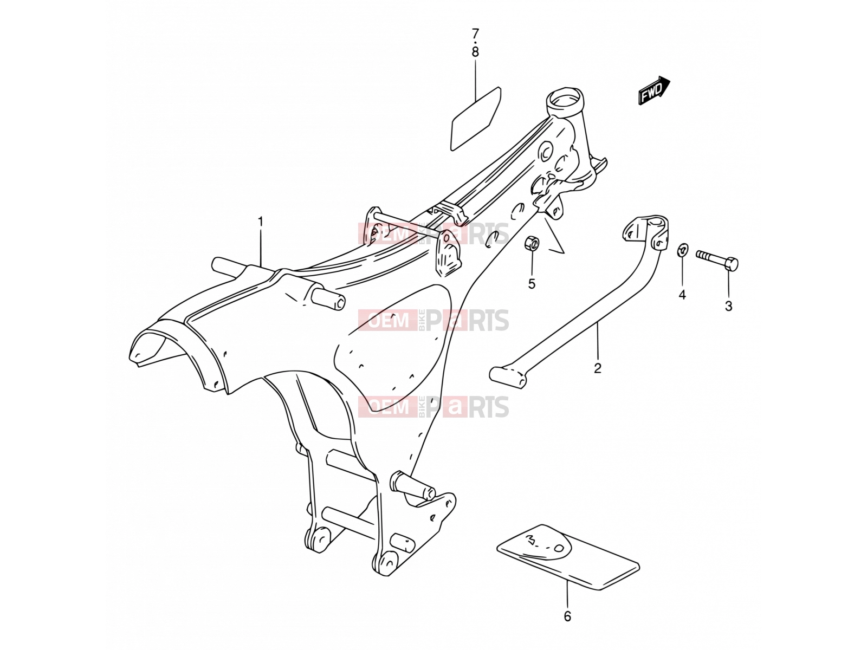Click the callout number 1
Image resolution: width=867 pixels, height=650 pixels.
(260, 222)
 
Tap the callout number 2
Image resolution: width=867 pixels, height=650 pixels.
(598, 368)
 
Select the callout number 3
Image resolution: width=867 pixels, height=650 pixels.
(729, 306)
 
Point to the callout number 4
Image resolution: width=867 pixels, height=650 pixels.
(682, 295)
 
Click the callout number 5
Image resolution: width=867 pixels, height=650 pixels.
(532, 284)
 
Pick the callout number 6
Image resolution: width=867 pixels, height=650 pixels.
(567, 616)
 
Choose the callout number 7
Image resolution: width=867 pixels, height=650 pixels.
(475, 34)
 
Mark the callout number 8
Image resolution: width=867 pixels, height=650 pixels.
(475, 52)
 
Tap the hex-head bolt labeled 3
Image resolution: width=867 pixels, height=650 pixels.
(717, 259)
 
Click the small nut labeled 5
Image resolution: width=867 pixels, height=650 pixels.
(532, 243)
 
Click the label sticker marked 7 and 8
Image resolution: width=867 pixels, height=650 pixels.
(476, 119)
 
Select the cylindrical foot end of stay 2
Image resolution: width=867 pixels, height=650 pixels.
(508, 376)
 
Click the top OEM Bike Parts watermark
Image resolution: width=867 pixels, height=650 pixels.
(433, 233)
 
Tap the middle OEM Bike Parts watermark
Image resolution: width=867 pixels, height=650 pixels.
(433, 320)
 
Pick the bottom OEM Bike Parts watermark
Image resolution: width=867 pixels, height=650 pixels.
(433, 406)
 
